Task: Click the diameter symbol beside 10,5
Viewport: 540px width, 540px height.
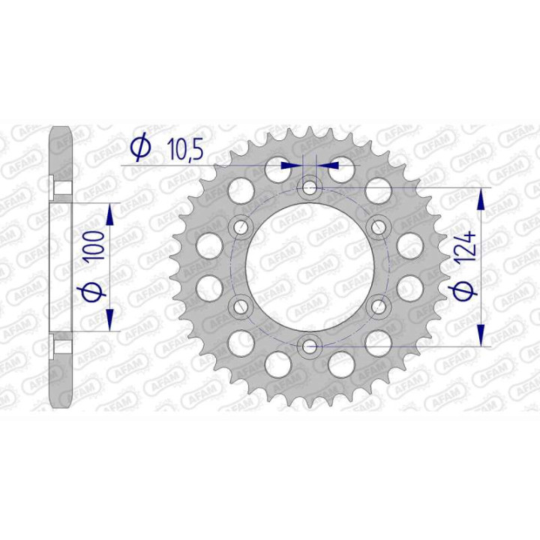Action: [x=139, y=150]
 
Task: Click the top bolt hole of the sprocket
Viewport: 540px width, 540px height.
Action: [x=309, y=187]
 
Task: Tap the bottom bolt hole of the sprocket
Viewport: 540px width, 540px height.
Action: [x=309, y=346]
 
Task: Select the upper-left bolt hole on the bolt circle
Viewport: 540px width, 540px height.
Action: [x=241, y=226]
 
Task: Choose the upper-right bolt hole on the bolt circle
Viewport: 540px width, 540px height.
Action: [x=378, y=226]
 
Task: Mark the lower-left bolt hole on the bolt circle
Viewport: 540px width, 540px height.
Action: [x=241, y=306]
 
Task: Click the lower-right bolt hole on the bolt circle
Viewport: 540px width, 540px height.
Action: [x=378, y=306]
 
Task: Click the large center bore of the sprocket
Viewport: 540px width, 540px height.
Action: [x=309, y=266]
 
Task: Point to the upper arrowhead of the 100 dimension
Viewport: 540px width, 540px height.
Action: [x=111, y=214]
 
